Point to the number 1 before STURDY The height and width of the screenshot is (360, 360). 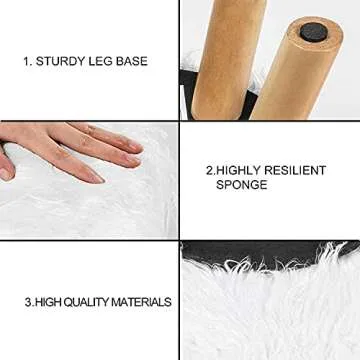[x=27, y=62]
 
